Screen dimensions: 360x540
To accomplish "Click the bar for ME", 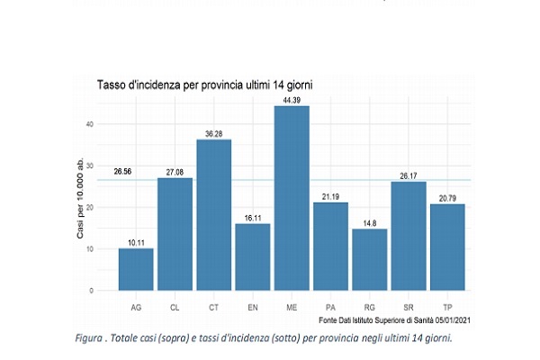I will point(292,198).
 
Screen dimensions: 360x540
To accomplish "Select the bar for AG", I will point(136,269).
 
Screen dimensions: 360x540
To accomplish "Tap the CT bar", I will point(214,215).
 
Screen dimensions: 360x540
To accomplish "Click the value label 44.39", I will point(292,98).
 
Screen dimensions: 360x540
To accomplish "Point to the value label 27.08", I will point(175,170).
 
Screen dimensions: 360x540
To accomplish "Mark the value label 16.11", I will point(253,216).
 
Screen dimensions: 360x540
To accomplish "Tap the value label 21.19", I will point(330,195).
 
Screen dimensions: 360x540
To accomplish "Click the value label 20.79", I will point(447,197).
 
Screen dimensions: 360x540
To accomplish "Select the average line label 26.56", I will point(124,171).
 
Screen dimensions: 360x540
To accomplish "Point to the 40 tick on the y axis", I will point(89,124).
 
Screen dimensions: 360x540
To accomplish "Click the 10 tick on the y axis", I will point(89,249).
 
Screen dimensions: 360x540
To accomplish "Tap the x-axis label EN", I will point(253,307).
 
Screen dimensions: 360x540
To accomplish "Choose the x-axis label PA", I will point(330,307).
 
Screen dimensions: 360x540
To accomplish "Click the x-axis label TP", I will point(447,307).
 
